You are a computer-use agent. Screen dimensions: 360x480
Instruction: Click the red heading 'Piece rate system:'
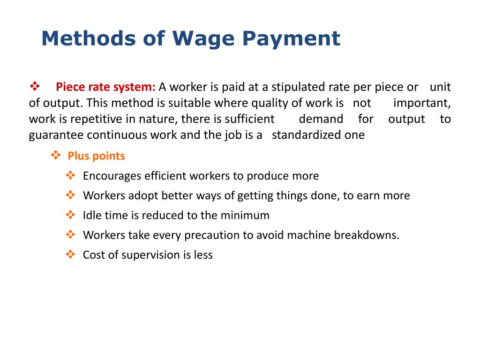[105, 87]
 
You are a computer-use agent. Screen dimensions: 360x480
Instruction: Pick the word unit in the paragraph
[440, 87]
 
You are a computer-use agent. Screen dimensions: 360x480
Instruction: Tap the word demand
[321, 119]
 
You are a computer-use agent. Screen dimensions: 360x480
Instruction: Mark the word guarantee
[56, 135]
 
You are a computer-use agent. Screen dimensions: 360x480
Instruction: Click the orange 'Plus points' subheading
[96, 156]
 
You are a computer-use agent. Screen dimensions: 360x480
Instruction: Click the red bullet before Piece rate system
[34, 86]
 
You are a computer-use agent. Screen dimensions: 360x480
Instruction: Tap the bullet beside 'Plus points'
[56, 155]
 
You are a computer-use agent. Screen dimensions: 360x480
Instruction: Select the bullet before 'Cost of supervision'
[71, 254]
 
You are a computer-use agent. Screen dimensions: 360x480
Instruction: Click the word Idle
[91, 215]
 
